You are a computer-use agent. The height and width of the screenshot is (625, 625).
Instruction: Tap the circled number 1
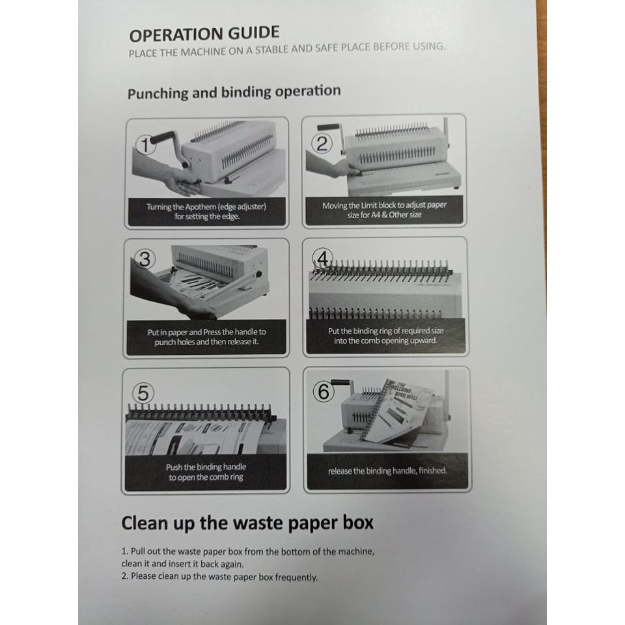coord(145,145)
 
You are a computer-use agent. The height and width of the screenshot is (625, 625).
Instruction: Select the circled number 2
coord(322,143)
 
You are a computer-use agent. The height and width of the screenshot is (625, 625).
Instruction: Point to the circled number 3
coord(145,259)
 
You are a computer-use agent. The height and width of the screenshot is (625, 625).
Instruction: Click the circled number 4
coord(322,258)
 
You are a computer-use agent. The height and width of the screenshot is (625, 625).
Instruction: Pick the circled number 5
coord(143,393)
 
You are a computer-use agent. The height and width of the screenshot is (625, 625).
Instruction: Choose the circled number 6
coord(324,391)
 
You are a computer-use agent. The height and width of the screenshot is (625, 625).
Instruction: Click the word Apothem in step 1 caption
coord(201,207)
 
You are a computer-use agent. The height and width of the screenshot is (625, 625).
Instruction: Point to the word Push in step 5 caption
coord(174,467)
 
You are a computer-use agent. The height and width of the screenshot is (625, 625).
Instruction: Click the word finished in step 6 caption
coord(433,470)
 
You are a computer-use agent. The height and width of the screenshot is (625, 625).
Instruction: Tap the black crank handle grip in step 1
coord(163,137)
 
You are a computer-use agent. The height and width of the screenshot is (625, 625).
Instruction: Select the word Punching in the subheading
coord(158,93)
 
